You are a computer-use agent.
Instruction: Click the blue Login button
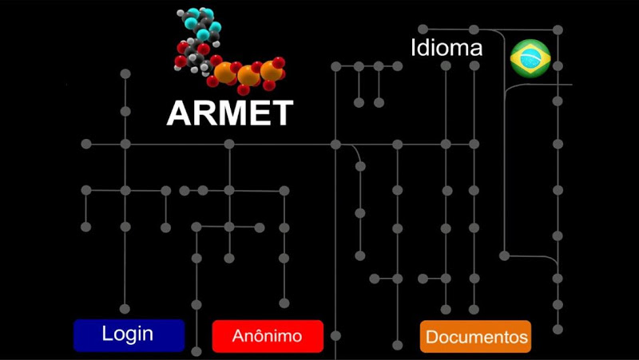(129, 335)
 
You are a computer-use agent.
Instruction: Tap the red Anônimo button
(268, 336)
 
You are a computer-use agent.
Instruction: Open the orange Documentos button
(476, 337)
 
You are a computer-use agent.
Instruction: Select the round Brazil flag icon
(530, 58)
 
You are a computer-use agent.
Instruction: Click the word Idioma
(447, 48)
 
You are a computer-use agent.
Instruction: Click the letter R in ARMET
(204, 113)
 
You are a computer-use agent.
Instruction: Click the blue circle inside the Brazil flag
(530, 58)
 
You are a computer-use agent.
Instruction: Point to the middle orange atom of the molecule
(248, 77)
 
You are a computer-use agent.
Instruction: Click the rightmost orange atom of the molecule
(270, 73)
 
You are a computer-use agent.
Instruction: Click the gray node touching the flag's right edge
(558, 65)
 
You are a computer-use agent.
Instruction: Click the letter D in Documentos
(431, 337)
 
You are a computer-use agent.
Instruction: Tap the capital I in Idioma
(414, 48)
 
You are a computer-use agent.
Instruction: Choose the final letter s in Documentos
(523, 338)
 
